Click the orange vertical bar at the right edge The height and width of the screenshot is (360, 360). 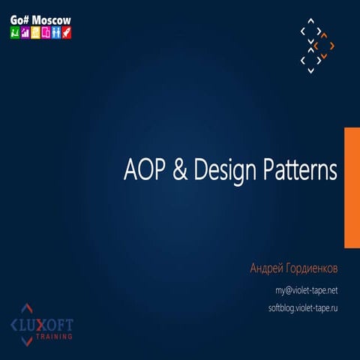(351, 187)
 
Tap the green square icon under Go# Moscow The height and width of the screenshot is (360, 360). (14, 33)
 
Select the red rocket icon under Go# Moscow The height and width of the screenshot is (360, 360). (67, 33)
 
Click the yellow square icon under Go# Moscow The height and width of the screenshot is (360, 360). (35, 33)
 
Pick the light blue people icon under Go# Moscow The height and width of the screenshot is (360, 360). (56, 33)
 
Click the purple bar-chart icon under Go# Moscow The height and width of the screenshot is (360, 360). (25, 33)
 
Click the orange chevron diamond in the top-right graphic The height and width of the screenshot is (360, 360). (325, 46)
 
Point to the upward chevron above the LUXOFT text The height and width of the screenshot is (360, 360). (28, 308)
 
